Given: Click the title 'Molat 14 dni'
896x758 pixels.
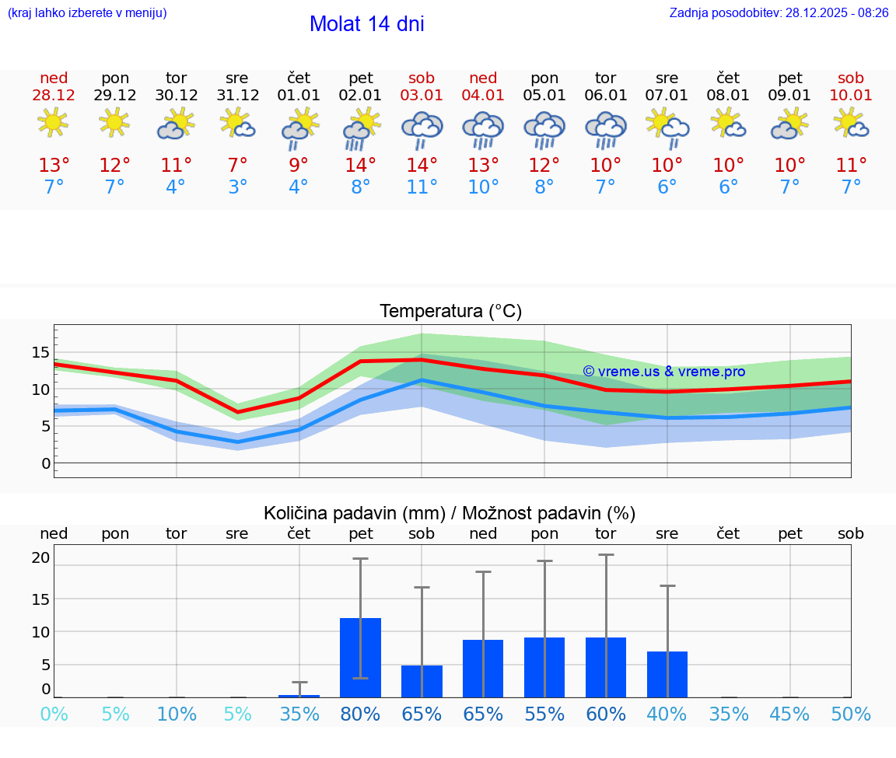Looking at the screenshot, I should [x=366, y=24].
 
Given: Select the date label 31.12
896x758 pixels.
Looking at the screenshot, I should [x=237, y=96].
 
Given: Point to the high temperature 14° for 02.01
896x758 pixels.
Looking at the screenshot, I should [x=360, y=165].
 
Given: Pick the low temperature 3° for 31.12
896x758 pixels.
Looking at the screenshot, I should [x=237, y=187].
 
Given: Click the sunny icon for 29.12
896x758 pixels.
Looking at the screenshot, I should [x=114, y=122].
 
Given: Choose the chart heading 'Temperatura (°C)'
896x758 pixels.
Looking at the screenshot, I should [x=450, y=311].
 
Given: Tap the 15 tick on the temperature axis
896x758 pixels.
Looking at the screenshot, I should [x=40, y=352].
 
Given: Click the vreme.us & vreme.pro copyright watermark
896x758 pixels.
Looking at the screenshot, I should [x=663, y=372].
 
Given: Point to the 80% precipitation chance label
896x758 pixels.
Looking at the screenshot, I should [x=360, y=714].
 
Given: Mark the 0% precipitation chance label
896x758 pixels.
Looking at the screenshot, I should [x=54, y=714].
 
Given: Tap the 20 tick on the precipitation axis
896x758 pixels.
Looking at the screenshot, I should [x=40, y=557].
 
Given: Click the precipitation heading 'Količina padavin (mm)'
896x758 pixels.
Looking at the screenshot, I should [x=354, y=513].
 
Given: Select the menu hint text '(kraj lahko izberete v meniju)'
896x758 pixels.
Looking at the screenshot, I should [x=87, y=12].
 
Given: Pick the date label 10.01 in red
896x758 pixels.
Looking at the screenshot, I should [x=851, y=96].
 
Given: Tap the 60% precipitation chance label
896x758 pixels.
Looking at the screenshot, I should [x=606, y=714].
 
